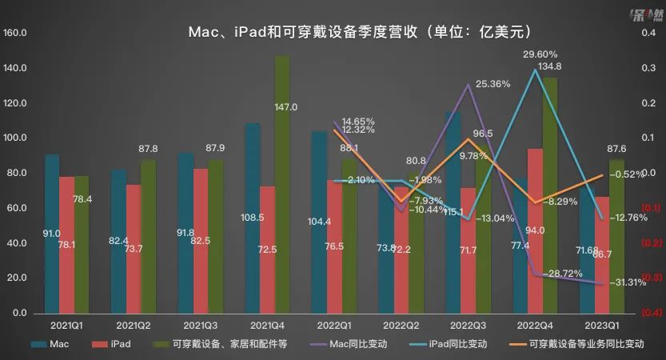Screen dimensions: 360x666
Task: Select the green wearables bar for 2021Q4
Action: click(x=282, y=184)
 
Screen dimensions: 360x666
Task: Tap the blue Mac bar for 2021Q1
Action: click(x=52, y=232)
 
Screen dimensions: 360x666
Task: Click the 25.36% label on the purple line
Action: click(x=493, y=83)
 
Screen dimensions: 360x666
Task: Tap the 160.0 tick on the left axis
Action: click(x=17, y=34)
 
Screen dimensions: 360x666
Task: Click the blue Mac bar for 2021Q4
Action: click(x=253, y=218)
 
